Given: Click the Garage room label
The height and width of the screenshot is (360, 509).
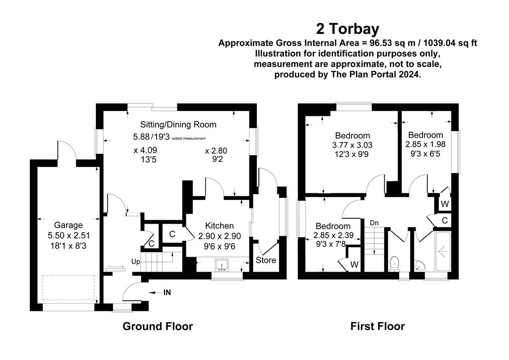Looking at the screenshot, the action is (68, 225).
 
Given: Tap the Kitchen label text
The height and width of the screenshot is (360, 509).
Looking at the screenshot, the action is (219, 226).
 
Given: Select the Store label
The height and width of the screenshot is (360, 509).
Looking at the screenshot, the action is (266, 260).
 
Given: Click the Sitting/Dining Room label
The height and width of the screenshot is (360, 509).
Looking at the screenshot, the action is (178, 125).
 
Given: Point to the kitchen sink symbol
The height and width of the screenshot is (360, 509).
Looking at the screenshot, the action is (222, 265).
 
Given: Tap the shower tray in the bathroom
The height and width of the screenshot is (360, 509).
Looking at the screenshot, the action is (443, 251).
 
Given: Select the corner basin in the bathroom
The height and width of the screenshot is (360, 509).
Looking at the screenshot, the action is (421, 266).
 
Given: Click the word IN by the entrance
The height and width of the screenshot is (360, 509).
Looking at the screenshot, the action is (167, 292).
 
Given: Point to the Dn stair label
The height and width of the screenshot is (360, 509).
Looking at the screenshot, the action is (374, 223).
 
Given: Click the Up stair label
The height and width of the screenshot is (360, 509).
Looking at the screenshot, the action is (136, 262).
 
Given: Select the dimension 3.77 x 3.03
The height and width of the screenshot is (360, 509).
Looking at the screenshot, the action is (352, 145).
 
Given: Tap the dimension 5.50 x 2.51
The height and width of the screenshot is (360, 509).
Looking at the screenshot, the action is (69, 235).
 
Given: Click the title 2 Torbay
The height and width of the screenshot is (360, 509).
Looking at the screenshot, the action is (347, 29).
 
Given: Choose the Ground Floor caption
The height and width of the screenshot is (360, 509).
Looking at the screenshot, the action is (158, 326).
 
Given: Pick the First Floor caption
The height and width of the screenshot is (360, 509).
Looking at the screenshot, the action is (378, 326).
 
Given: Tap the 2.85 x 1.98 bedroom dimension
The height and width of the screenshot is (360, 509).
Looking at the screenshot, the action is (425, 144).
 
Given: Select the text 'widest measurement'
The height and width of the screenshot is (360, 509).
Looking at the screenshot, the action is (188, 138).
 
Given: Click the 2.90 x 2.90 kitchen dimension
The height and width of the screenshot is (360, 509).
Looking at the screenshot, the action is (220, 236).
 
